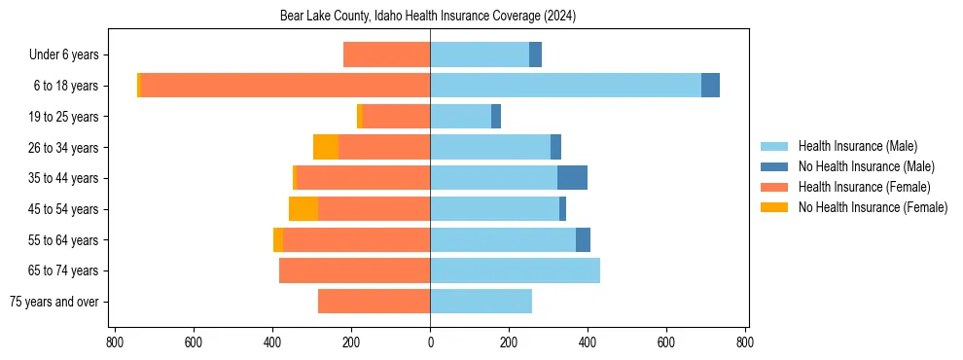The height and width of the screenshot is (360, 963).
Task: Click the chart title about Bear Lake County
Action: tap(428, 16)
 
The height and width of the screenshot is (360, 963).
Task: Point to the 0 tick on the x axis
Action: tap(430, 342)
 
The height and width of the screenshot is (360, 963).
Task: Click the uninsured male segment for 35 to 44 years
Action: tap(572, 178)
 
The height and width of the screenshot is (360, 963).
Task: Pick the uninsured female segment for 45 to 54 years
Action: tap(303, 209)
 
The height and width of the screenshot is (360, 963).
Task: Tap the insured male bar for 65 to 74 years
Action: tap(515, 270)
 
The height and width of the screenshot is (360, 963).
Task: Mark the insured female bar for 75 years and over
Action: tap(374, 302)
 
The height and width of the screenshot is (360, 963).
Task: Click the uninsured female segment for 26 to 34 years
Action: tap(326, 147)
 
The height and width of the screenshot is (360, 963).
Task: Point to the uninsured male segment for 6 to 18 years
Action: tap(710, 86)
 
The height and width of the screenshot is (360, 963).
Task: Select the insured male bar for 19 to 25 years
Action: tap(460, 117)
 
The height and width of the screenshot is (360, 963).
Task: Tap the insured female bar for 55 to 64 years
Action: tap(356, 240)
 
